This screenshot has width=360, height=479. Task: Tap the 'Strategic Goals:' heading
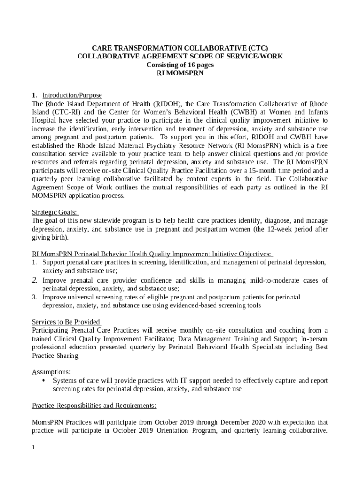pos(55,212)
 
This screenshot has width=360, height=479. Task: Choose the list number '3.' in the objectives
pos(35,297)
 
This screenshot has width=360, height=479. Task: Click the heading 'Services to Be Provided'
pos(66,322)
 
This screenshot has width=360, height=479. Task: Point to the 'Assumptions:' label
pos(51,372)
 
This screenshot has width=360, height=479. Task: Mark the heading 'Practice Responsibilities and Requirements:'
pos(94,405)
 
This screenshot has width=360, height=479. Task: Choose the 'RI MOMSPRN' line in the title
pos(180,73)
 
